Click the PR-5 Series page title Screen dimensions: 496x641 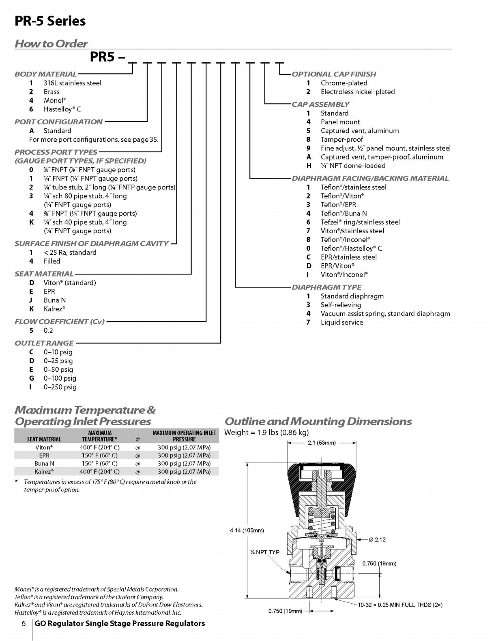pos(50,21)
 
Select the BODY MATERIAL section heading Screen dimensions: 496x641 pos(46,74)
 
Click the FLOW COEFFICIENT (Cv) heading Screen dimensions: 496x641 pos(60,322)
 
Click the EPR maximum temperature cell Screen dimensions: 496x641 pos(99,455)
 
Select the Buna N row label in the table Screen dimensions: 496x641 pos(44,463)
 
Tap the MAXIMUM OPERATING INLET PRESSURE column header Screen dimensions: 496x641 pos(185,436)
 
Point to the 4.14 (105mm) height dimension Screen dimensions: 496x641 pos(247,530)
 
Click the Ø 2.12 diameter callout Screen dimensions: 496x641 pos(377,539)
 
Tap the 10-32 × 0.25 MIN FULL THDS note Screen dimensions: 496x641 pos(400,605)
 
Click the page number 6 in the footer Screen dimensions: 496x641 pos(24,623)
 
